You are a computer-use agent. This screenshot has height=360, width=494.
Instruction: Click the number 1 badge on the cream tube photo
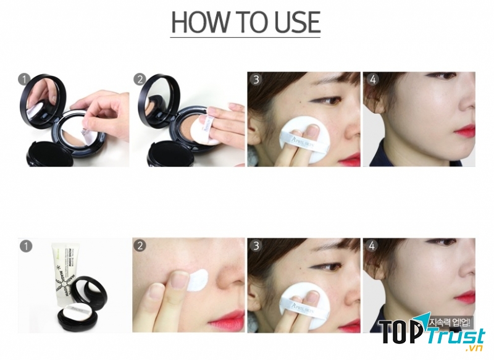[x=25, y=246]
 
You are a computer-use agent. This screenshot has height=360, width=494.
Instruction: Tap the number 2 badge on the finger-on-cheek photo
[x=140, y=246]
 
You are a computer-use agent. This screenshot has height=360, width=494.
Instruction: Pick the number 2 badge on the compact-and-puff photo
[x=140, y=80]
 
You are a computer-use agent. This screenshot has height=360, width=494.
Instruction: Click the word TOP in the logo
[x=398, y=334]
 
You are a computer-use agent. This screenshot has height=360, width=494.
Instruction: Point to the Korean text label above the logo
[x=449, y=322]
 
